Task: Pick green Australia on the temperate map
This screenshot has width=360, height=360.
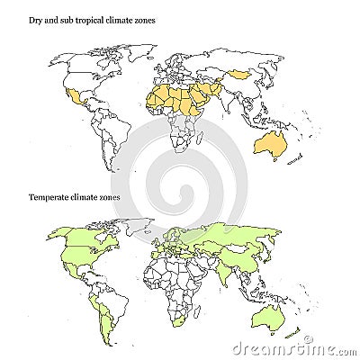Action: pos(270,317)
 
